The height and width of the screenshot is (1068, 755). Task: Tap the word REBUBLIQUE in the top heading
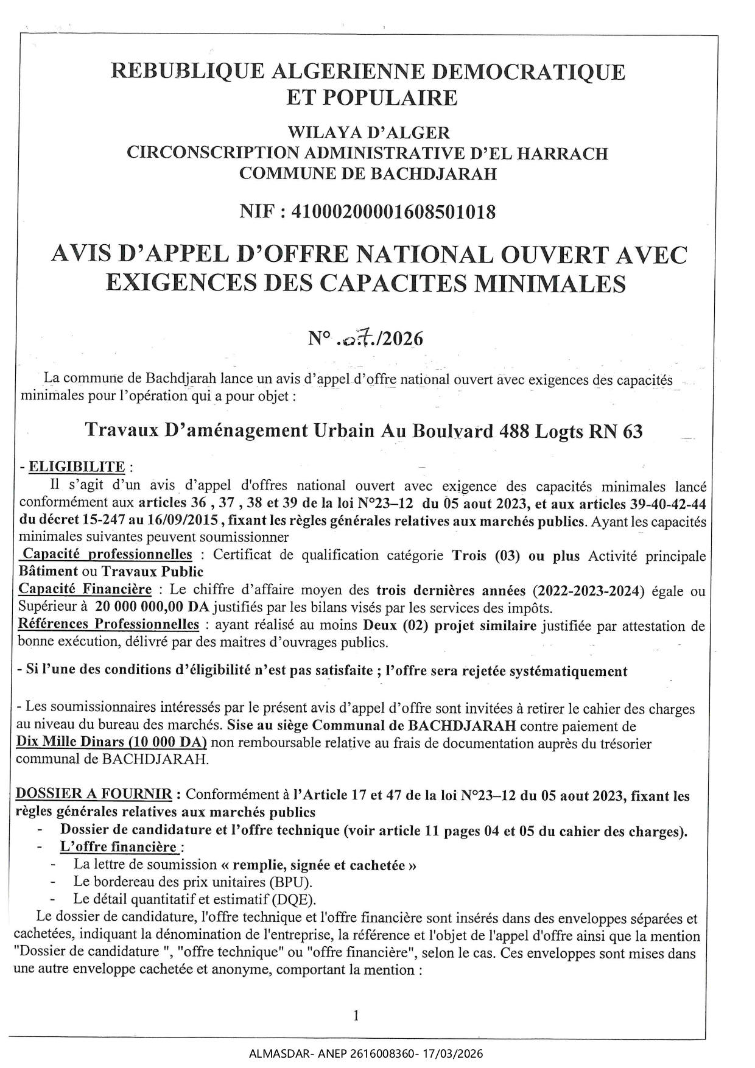(x=188, y=72)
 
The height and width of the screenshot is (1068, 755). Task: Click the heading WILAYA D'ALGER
(x=368, y=132)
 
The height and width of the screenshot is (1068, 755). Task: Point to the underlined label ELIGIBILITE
(x=77, y=467)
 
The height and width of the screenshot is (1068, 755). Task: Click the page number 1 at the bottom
(x=356, y=1014)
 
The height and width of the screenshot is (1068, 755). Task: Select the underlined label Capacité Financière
(x=85, y=589)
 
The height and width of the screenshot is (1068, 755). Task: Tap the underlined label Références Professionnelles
(x=108, y=624)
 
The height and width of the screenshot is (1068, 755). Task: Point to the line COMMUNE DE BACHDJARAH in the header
(x=368, y=174)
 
